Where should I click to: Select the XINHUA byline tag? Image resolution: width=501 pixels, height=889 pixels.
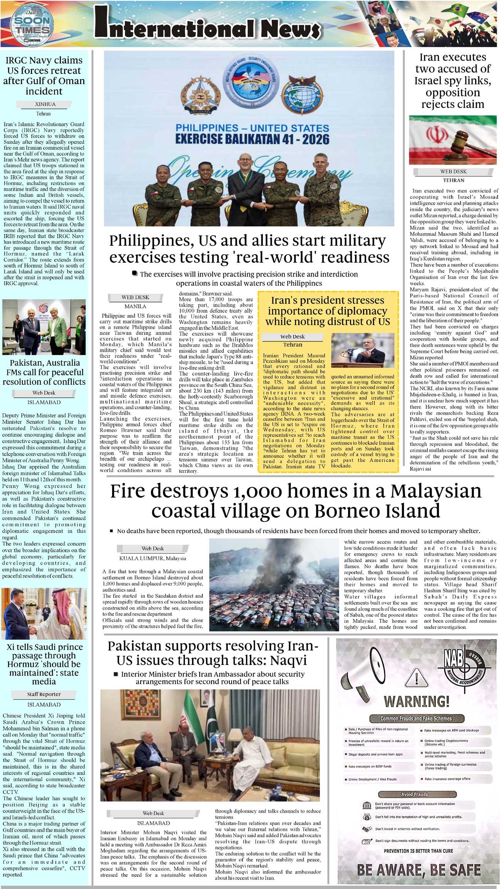pos(45,104)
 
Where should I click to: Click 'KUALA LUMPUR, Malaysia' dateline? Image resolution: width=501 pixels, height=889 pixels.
pos(153,558)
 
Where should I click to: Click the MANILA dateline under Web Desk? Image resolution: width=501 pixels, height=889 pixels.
pos(135,306)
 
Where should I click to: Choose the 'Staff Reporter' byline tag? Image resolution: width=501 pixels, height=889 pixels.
pos(44,694)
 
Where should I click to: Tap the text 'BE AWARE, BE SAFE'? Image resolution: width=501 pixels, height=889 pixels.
pos(419,870)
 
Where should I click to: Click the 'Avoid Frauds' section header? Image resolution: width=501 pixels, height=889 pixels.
pos(414,791)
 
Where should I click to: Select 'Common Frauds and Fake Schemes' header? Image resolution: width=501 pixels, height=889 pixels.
pos(416,719)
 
